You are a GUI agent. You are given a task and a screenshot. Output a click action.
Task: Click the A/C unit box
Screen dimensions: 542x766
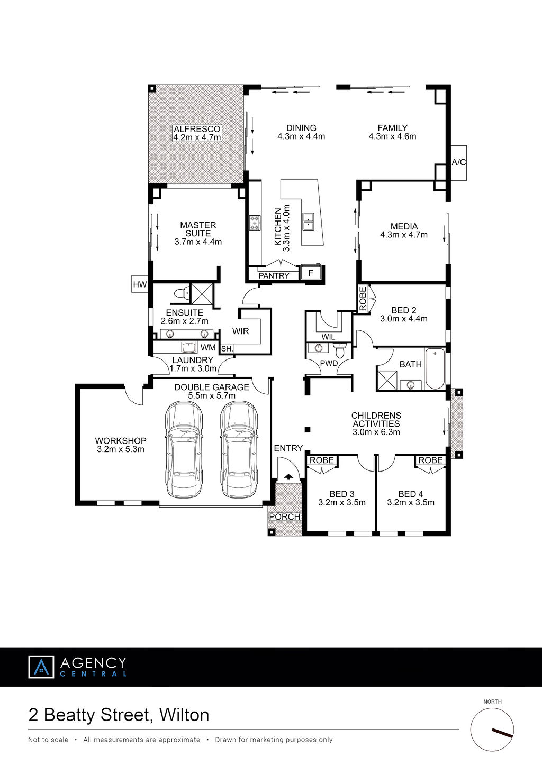(458, 163)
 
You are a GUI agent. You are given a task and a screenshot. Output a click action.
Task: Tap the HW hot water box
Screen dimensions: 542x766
(140, 284)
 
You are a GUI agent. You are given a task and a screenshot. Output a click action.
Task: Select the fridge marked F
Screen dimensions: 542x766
(311, 273)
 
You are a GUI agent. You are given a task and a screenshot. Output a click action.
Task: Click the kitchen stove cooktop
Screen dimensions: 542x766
(255, 223)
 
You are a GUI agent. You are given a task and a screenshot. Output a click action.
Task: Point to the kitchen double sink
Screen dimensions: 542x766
(309, 222)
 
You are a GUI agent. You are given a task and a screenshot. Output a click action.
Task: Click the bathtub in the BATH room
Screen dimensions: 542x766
(435, 368)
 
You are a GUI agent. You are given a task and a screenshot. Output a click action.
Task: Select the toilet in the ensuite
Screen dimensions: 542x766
(182, 293)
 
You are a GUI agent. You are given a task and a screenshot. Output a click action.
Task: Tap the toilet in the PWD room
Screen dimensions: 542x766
(340, 350)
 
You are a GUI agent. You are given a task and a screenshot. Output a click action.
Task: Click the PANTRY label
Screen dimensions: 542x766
(274, 275)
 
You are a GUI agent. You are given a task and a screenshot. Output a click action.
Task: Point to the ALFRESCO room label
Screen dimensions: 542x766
(197, 129)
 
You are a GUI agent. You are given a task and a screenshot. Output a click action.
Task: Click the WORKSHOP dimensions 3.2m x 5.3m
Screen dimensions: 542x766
(121, 449)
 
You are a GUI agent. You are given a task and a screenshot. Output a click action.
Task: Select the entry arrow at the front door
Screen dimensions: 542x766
(288, 477)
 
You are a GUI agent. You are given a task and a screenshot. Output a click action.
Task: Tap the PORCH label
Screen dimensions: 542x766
(285, 516)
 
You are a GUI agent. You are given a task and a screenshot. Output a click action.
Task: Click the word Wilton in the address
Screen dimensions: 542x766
(184, 715)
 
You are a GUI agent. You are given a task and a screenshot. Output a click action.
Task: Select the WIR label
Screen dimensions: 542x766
(240, 331)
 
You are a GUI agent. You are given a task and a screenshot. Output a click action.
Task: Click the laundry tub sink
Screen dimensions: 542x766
(189, 347)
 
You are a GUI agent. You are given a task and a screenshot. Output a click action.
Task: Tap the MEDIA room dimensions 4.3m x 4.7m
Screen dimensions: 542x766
(404, 235)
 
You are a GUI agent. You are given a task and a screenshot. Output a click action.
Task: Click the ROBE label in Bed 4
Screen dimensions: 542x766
(431, 460)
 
